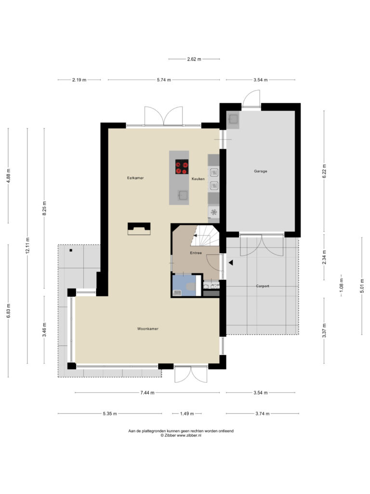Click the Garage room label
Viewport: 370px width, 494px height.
pos(261,171)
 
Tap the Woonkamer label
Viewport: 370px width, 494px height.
pos(147,329)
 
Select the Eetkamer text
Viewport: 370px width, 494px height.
pos(135,178)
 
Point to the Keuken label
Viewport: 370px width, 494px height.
pos(198,178)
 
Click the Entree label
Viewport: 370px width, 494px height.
pos(196,253)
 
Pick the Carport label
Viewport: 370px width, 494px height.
pos(263,286)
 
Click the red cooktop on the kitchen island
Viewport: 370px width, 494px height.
pos(182,166)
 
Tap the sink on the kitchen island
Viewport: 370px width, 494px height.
pos(183,195)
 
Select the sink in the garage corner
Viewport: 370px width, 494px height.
pos(234,119)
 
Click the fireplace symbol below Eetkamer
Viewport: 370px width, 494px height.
pos(139,229)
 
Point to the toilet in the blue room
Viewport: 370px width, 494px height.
pos(191,287)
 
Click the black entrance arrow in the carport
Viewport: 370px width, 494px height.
pos(231,262)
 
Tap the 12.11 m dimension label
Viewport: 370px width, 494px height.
pos(27,245)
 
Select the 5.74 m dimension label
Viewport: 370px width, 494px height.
pos(164,80)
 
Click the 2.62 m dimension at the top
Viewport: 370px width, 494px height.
pos(194,59)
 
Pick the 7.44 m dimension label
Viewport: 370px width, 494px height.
pos(147,393)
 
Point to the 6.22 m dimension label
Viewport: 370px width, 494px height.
pos(324,171)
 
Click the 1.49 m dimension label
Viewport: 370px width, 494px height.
pos(187,413)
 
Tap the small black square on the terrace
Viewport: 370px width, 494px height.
pos(71,250)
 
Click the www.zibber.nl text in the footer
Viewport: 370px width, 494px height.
pos(189,436)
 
